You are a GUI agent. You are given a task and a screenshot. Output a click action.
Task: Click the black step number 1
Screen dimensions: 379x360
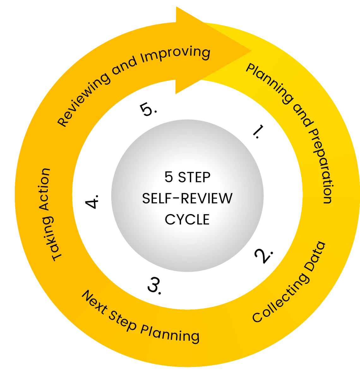[x=259, y=131]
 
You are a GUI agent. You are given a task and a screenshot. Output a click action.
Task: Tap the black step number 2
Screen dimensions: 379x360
[x=264, y=256]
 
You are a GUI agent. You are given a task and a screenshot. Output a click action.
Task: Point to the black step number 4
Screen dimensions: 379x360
[x=91, y=202]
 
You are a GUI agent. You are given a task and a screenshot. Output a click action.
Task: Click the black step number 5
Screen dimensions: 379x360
[x=148, y=109]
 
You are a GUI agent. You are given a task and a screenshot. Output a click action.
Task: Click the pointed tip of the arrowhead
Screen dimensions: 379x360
[x=251, y=51]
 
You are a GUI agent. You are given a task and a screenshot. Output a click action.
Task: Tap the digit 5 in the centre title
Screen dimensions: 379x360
[x=169, y=177]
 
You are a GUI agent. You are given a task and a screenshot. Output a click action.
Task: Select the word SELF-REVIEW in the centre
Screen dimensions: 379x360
[x=187, y=198]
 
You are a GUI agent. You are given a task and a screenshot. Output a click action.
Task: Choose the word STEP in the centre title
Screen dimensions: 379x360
[x=194, y=177]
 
